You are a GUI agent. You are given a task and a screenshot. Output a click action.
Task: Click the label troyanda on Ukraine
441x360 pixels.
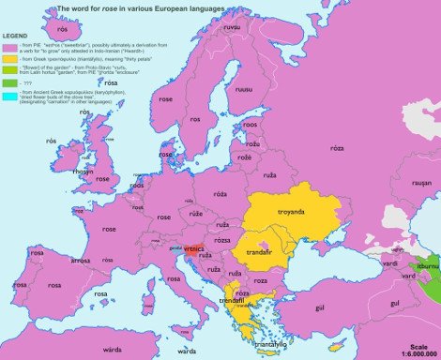[x=292, y=212]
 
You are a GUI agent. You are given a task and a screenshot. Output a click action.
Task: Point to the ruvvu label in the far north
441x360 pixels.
[x=231, y=29]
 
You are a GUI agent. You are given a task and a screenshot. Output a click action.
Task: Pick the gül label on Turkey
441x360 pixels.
[x=318, y=306]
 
